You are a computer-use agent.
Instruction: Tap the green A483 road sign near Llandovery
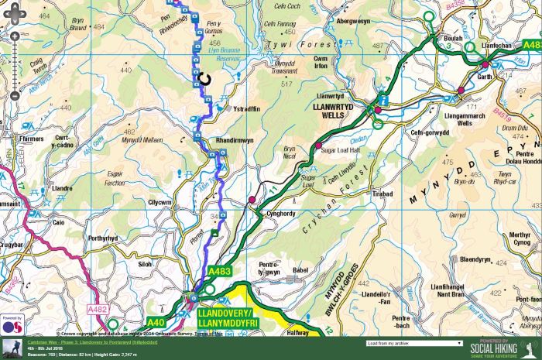tap(220, 272)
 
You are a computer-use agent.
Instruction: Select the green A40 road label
tap(157, 321)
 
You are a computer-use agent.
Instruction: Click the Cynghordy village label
tap(280, 214)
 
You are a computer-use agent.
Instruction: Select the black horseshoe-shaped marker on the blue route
tap(204, 77)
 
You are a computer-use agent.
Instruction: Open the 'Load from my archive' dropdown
tap(415, 342)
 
